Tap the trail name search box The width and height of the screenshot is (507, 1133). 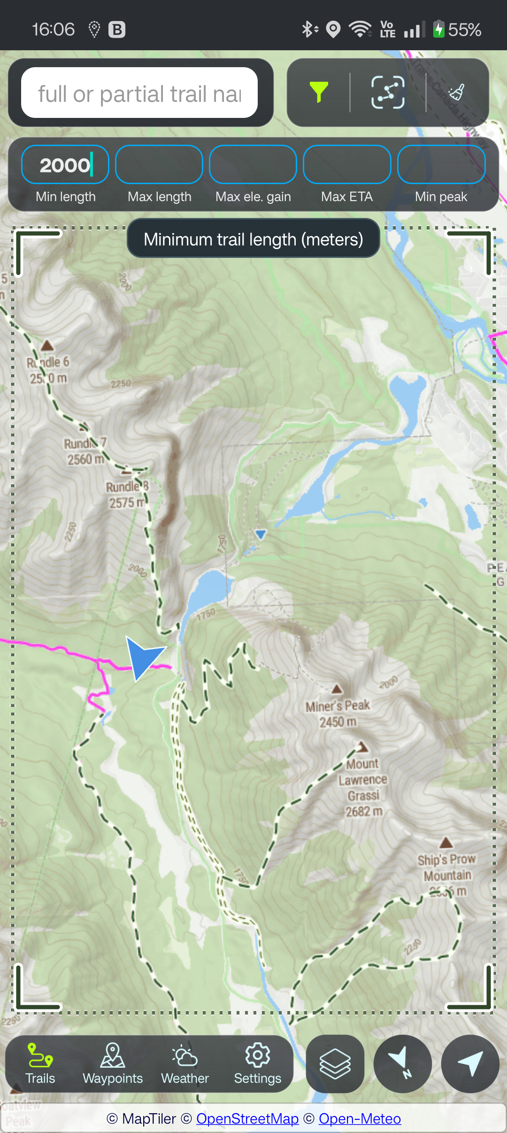tap(139, 93)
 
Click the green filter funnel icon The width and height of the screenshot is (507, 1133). tap(319, 92)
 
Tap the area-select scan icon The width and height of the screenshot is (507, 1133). tap(388, 92)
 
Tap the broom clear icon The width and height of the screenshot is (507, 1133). tap(457, 92)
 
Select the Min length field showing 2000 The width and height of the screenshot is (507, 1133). tap(65, 165)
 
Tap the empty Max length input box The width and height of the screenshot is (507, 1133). tap(159, 165)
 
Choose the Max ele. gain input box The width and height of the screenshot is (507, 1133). tap(253, 165)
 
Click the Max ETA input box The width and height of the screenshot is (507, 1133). tap(347, 165)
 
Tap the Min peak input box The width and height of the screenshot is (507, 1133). tap(441, 165)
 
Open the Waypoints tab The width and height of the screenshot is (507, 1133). tap(113, 1064)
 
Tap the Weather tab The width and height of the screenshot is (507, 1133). tap(185, 1064)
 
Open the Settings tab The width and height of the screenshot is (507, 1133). tap(257, 1064)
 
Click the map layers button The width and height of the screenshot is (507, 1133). tap(335, 1064)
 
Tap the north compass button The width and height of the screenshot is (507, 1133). tap(402, 1064)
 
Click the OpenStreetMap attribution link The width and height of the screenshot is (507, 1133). tap(247, 1119)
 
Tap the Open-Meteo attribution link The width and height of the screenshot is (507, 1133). tap(360, 1119)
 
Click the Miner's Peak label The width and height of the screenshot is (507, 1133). tap(338, 713)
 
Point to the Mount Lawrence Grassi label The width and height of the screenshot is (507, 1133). tap(363, 787)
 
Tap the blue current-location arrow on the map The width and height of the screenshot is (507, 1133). tap(143, 656)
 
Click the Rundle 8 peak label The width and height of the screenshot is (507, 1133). tap(127, 494)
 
